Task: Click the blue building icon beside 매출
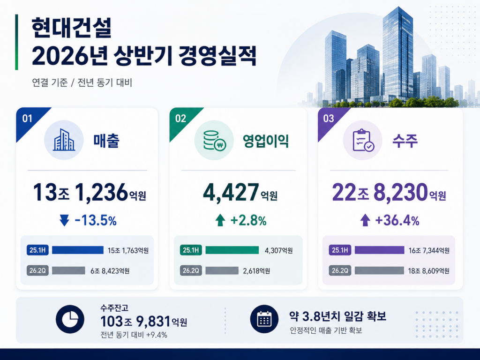pyautogui.click(x=64, y=140)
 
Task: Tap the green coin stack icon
pyautogui.click(x=214, y=141)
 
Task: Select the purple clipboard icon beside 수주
pyautogui.click(x=363, y=140)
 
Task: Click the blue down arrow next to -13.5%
pyautogui.click(x=64, y=220)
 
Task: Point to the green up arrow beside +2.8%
pyautogui.click(x=220, y=220)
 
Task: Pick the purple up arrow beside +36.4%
pyautogui.click(x=365, y=220)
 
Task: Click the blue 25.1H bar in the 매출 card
pyautogui.click(x=78, y=250)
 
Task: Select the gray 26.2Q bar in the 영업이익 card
pyautogui.click(x=222, y=270)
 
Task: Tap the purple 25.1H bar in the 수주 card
pyautogui.click(x=380, y=250)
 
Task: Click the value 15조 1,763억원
pyautogui.click(x=128, y=250)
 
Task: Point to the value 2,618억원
pyautogui.click(x=256, y=271)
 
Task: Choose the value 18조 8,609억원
pyautogui.click(x=428, y=271)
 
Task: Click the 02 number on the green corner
pyautogui.click(x=180, y=119)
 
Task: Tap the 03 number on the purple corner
pyautogui.click(x=329, y=119)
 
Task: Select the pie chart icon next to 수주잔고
pyautogui.click(x=70, y=319)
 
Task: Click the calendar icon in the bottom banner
pyautogui.click(x=264, y=319)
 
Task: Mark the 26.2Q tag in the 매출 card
pyautogui.click(x=37, y=270)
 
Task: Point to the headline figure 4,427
pyautogui.click(x=231, y=193)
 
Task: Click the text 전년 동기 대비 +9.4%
pyautogui.click(x=134, y=335)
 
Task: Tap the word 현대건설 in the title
pyautogui.click(x=71, y=28)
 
